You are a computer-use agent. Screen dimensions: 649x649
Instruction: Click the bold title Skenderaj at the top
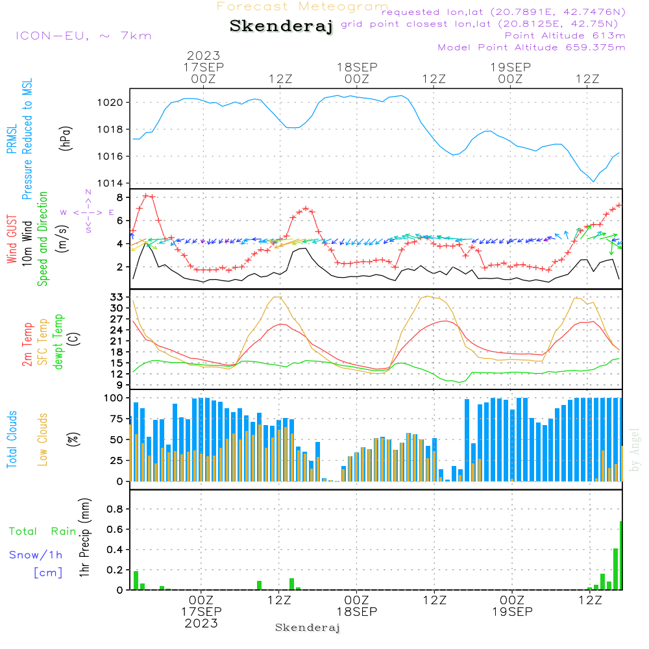coord(281,27)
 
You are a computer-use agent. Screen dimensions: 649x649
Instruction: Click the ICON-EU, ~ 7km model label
coord(83,36)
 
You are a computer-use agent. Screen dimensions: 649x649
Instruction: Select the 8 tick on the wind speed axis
coord(121,197)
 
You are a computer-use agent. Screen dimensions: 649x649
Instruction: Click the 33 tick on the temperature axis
coord(117,297)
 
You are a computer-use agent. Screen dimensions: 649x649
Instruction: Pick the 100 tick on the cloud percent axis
coord(114,398)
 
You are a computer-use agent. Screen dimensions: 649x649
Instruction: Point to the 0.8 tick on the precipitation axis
coord(116,509)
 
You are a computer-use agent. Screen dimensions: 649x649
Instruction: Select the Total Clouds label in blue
coord(12,439)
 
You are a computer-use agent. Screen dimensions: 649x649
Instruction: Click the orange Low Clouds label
coord(43,439)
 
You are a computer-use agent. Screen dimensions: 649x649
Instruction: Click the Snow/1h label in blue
coord(36,555)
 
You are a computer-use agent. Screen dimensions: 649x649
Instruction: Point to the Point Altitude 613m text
coord(565,36)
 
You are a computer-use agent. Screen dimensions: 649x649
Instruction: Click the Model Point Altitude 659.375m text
coord(532,47)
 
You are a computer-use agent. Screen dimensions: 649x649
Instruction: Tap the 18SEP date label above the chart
coord(356,67)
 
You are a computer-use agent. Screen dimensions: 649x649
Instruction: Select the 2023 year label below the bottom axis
coord(201,623)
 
